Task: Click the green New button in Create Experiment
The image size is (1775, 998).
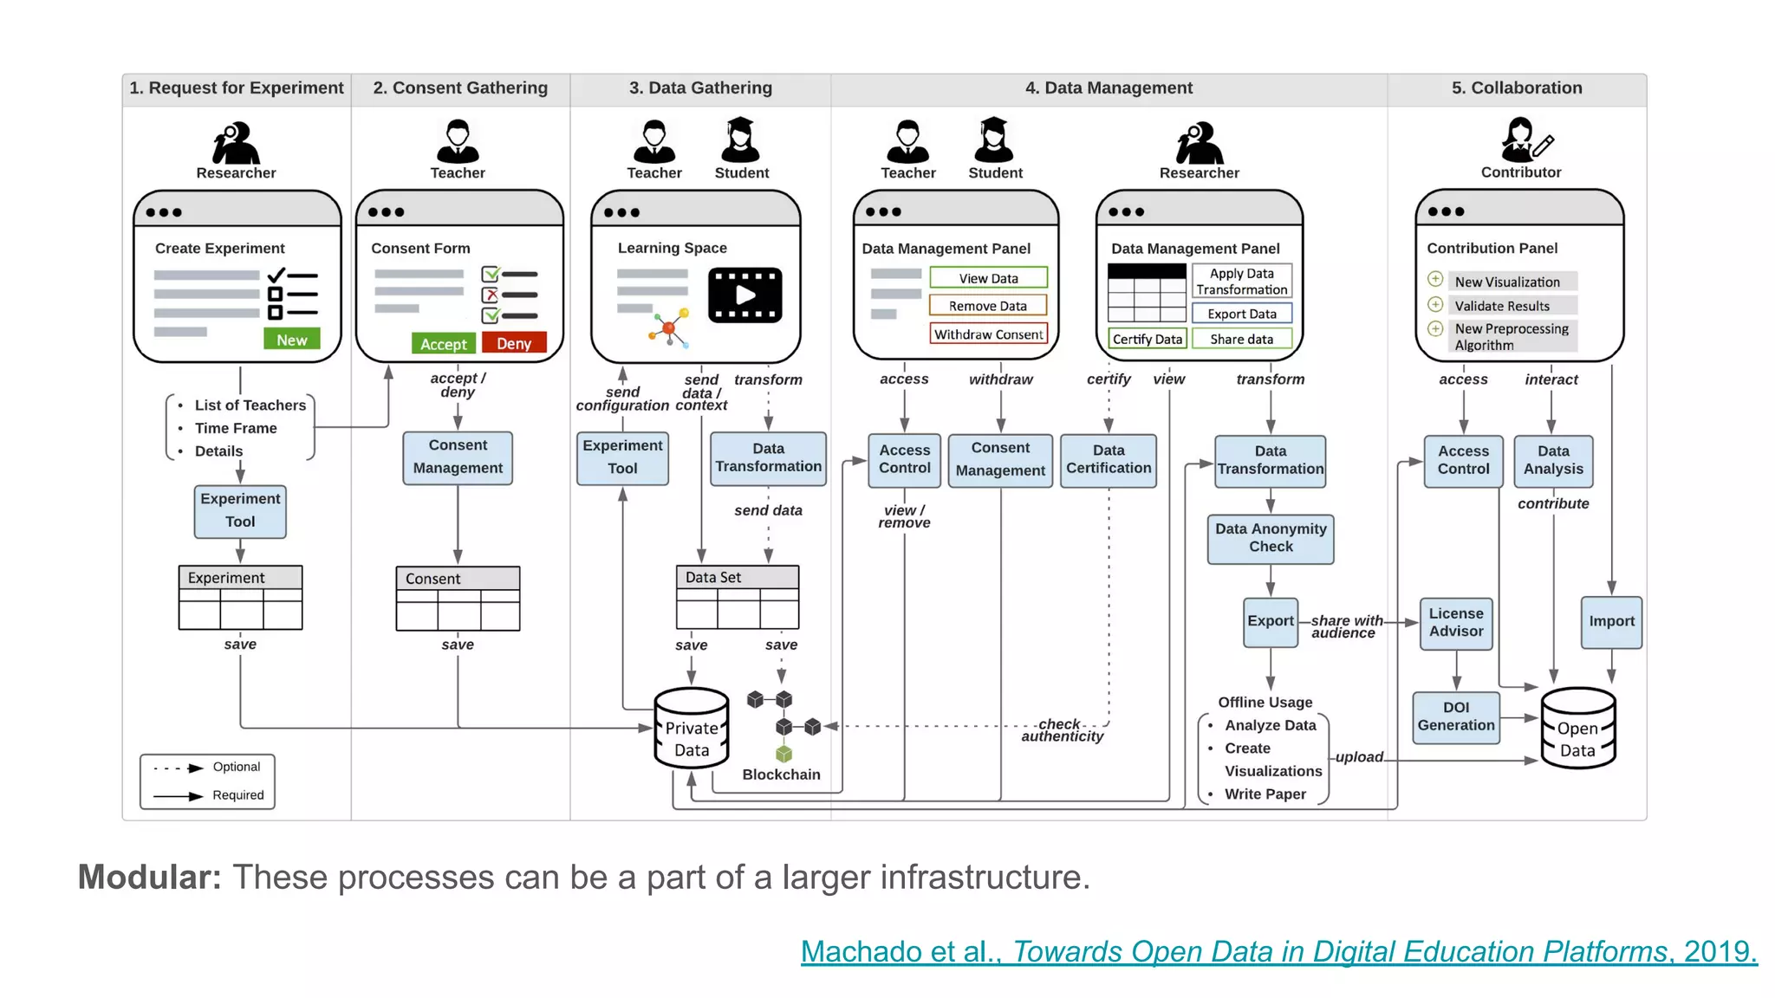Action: tap(291, 340)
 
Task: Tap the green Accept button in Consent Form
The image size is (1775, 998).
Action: tap(443, 343)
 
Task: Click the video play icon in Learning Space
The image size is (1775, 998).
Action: tap(744, 295)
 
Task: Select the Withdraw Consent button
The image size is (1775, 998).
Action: tap(988, 334)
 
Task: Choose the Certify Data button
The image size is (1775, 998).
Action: tap(1147, 339)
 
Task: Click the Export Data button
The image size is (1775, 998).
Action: tap(1241, 314)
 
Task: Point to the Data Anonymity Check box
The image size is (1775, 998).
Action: tap(1270, 538)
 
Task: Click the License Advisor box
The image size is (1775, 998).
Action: tap(1455, 622)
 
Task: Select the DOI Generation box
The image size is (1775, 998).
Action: tap(1455, 716)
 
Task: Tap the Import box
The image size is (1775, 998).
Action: tap(1610, 621)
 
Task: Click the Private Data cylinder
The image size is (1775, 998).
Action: tap(691, 729)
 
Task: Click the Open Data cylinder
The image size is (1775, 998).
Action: tap(1577, 729)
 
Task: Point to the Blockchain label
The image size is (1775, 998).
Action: tap(780, 774)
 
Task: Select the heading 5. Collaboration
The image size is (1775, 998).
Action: tap(1516, 87)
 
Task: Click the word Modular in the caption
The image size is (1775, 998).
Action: tap(150, 877)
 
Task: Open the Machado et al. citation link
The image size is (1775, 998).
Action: tap(1278, 951)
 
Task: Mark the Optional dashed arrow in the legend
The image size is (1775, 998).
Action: tap(179, 768)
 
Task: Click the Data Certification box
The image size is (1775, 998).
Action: tap(1108, 459)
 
